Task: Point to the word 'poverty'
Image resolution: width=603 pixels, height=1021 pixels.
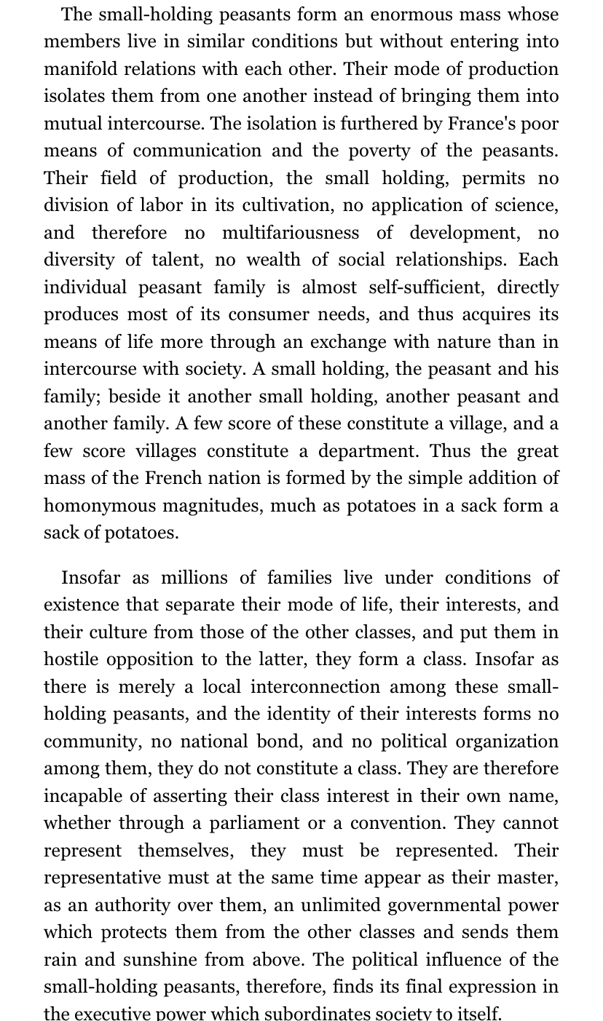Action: (x=394, y=151)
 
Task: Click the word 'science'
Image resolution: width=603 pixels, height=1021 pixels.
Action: (x=522, y=205)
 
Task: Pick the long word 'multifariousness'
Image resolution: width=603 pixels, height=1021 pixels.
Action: (x=290, y=233)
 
